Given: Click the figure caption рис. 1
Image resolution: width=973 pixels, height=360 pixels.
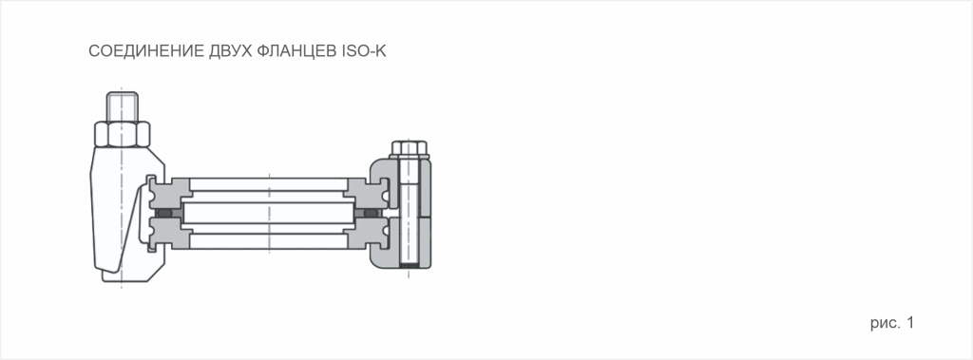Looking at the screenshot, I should (891, 324).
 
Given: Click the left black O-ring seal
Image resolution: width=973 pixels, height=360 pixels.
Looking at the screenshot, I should (167, 215).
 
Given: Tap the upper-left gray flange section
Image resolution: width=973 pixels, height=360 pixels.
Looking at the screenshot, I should (171, 191).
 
